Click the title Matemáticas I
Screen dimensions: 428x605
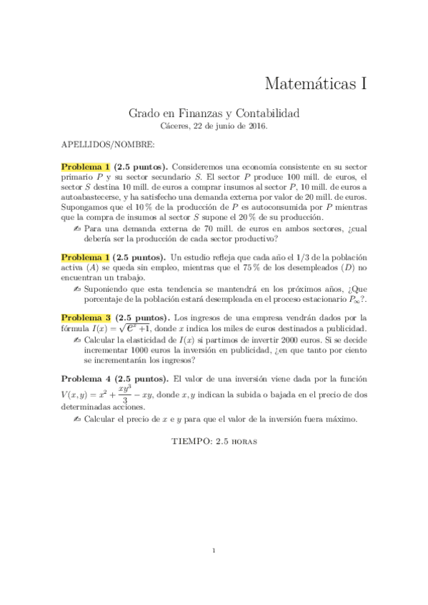pos(315,83)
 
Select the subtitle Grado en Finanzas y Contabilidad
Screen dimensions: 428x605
pos(214,113)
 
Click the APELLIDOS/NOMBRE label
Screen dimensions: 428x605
pos(108,144)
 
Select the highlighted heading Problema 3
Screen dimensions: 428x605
pos(86,317)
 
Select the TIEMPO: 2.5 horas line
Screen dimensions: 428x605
pos(214,441)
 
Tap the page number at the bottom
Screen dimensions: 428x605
pos(214,550)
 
